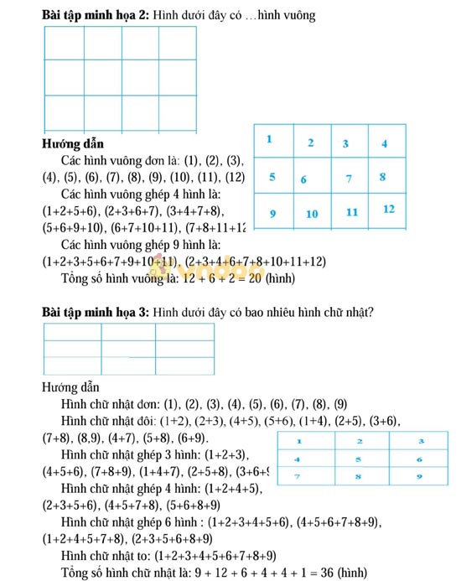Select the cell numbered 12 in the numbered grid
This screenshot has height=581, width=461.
[x=388, y=210]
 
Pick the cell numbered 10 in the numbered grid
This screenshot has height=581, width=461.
[x=312, y=214]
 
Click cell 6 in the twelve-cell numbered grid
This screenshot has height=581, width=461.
[x=303, y=179]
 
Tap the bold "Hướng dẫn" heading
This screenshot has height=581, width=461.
[x=73, y=143]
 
